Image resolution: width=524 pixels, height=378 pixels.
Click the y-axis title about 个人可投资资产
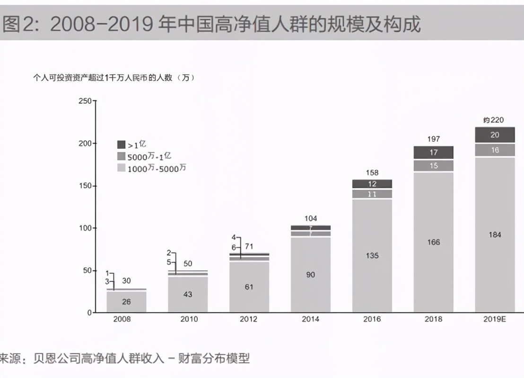pos(114,78)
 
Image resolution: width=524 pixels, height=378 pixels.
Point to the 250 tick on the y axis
pos(85,101)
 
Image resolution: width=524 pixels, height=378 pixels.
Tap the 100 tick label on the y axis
pos(85,228)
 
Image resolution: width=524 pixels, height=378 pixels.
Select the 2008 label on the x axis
pos(122,319)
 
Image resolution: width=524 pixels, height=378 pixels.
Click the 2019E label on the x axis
pos(495,319)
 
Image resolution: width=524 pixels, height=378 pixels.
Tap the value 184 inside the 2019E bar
pos(495,235)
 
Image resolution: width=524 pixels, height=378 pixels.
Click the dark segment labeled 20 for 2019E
pos(495,135)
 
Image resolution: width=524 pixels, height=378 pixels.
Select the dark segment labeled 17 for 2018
pos(434,153)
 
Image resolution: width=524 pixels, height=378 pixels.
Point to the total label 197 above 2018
pos(434,139)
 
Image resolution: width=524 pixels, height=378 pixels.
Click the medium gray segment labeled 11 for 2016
pos(372,194)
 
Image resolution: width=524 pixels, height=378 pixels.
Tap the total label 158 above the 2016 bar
pos(372,173)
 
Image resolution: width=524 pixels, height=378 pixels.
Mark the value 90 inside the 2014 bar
pos(311,275)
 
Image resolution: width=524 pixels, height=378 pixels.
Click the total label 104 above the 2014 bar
pos(311,218)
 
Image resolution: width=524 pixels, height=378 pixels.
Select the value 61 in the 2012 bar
pos(249,287)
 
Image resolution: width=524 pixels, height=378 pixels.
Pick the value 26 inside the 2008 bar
pos(126,302)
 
